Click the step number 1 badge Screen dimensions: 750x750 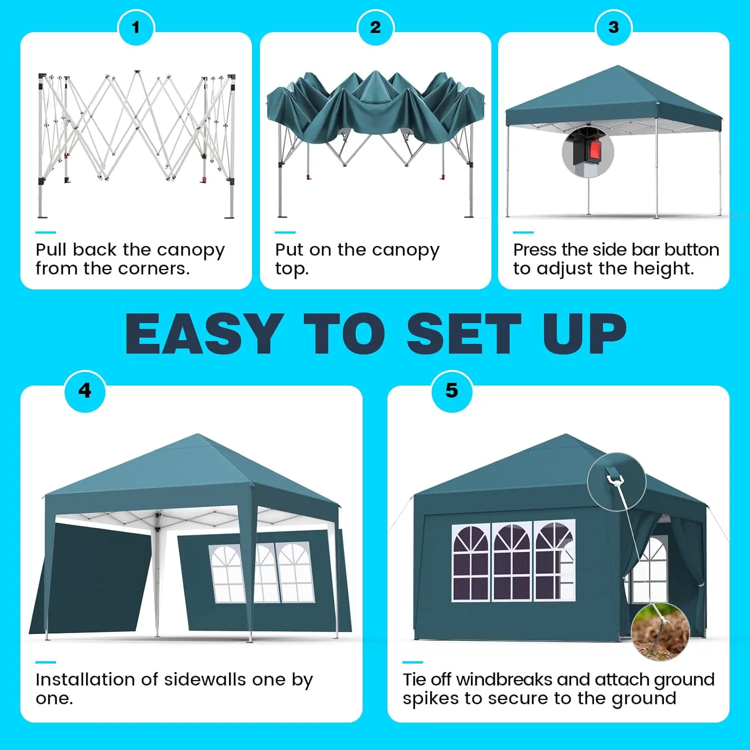coord(135,27)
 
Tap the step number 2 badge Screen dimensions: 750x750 coord(375,27)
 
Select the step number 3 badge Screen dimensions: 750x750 coord(613,27)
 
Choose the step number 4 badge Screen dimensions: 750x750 coord(85,391)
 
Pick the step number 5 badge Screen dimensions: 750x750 coord(451,391)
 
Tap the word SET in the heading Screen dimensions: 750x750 coord(463,333)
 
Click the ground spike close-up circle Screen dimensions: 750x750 coord(660,632)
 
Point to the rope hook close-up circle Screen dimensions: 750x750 coord(616,482)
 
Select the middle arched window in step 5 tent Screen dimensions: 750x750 coord(512,562)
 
